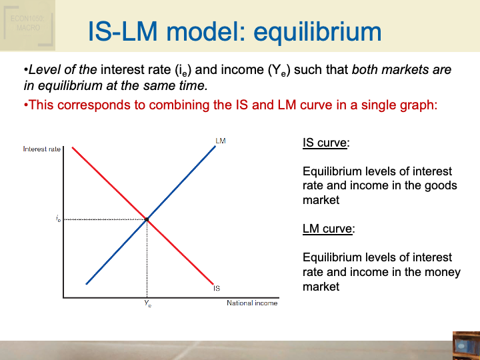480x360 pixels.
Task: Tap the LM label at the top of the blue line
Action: (221, 141)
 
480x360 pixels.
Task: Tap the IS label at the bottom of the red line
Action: (217, 288)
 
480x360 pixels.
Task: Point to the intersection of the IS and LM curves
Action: (147, 219)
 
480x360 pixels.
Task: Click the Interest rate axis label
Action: (41, 149)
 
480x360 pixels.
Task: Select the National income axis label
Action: (252, 303)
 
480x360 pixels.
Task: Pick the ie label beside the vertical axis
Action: (58, 219)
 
